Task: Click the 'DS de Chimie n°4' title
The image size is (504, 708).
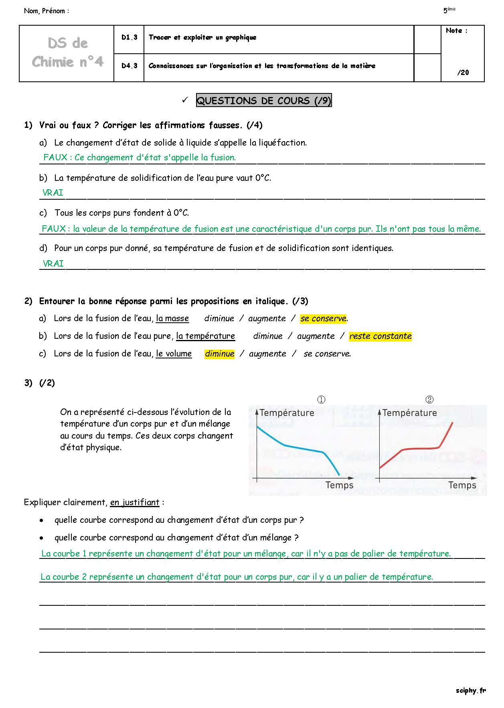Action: (67, 53)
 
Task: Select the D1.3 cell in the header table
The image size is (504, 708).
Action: (129, 37)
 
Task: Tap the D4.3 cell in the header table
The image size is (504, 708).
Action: (129, 66)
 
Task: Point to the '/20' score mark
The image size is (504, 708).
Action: (463, 73)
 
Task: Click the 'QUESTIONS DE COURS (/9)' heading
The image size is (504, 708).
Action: (264, 101)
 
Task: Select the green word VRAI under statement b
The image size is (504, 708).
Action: (53, 193)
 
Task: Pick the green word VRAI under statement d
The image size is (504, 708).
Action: (53, 263)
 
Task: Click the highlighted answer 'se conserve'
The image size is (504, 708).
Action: (323, 319)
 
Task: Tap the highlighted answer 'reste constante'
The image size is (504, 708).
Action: (381, 336)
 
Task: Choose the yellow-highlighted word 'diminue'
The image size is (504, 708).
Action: (220, 354)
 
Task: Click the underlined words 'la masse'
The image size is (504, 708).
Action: (172, 319)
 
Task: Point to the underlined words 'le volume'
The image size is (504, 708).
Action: (174, 354)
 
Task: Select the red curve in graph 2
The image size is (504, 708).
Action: (421, 448)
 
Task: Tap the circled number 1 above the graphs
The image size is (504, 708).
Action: (321, 400)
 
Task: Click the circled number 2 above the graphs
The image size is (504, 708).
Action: (429, 400)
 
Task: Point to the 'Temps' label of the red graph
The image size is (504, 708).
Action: (462, 485)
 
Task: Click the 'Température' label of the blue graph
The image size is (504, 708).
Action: (287, 413)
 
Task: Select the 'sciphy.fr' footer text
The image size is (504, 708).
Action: (471, 690)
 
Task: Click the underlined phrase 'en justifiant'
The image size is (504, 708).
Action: (135, 503)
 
